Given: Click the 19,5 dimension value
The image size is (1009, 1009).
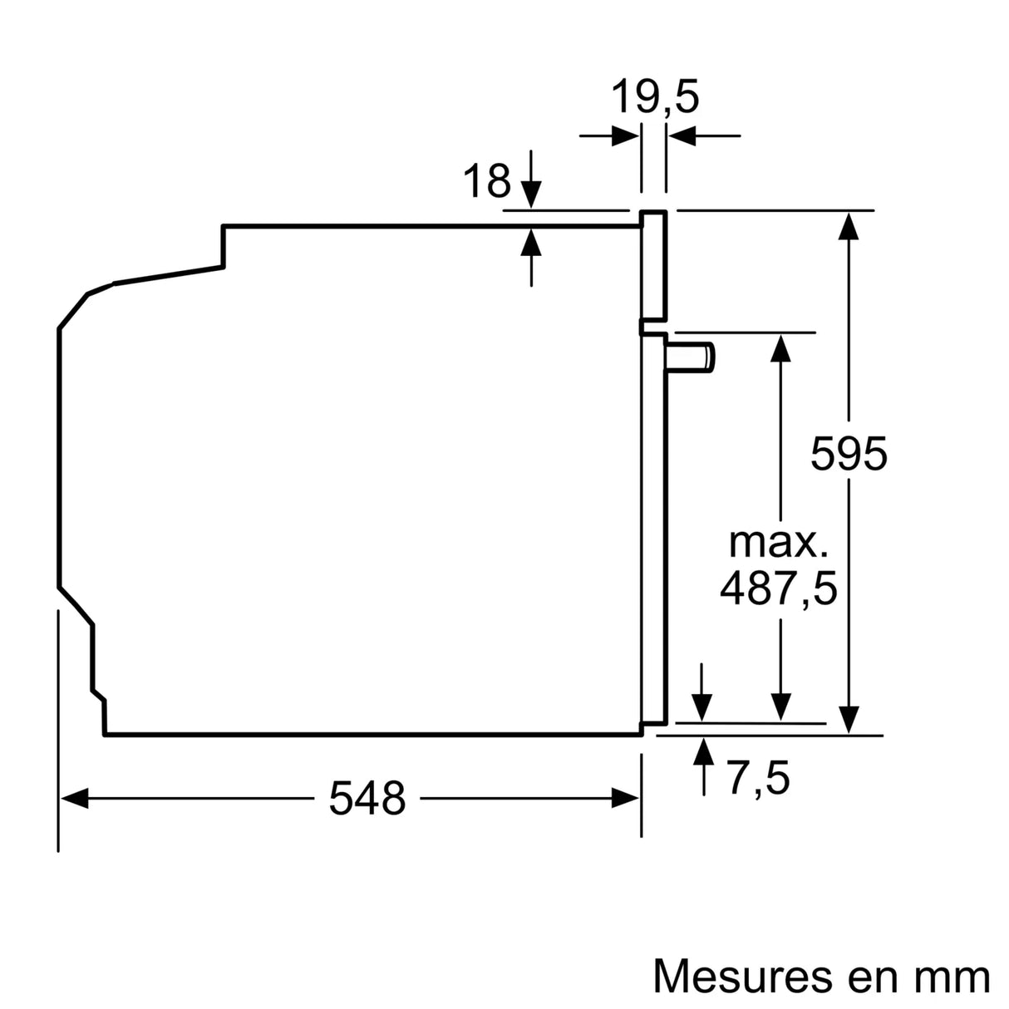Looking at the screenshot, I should tap(655, 97).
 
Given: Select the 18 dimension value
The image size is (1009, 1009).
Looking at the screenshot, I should tap(486, 181).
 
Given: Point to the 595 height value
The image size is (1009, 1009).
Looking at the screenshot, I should tap(849, 454).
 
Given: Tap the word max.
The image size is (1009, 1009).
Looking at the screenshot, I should tap(778, 542).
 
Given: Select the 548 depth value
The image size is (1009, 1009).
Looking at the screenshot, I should tap(367, 799).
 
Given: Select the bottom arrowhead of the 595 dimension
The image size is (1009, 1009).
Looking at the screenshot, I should tap(849, 719).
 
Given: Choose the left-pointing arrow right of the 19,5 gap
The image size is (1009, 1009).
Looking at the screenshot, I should tap(682, 135).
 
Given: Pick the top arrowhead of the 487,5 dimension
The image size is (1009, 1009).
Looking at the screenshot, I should tap(780, 347).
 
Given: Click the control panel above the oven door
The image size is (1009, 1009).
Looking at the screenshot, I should tap(653, 266).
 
